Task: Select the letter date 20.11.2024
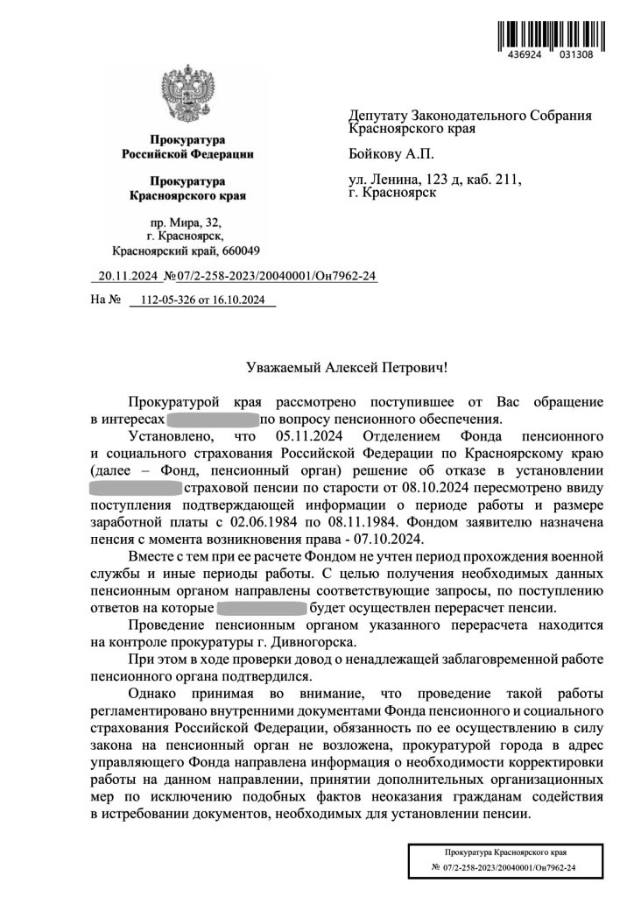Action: tap(127, 277)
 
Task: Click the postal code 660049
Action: tap(228, 251)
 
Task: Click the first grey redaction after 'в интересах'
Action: tap(213, 419)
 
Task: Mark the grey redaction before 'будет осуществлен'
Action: tap(261, 607)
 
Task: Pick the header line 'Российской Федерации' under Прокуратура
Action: tap(187, 155)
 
